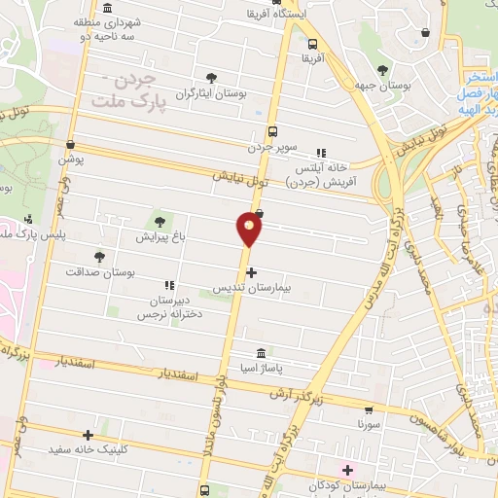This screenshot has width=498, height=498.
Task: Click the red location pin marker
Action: click(x=250, y=230)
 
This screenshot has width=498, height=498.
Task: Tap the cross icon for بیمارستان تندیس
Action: click(x=252, y=273)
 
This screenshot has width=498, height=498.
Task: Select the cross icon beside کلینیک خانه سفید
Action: click(x=89, y=435)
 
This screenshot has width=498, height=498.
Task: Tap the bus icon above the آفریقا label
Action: click(x=312, y=43)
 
